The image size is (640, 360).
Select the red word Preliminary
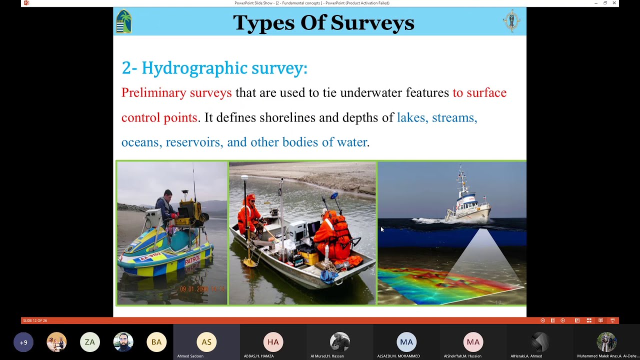pos(153,93)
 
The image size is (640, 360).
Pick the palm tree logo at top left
pos(123,21)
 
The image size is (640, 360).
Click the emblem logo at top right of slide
pos(511,21)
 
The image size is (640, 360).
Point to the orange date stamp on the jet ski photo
pos(202,289)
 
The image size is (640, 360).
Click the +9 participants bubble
pos(23,342)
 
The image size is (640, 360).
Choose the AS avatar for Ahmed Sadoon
pos(206,342)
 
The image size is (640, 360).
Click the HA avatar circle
pos(273,342)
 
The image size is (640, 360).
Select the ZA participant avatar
pos(90,342)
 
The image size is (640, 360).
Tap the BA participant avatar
pos(156,342)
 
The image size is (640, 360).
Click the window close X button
pos(614,3)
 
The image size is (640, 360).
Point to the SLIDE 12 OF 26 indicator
pos(35,320)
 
